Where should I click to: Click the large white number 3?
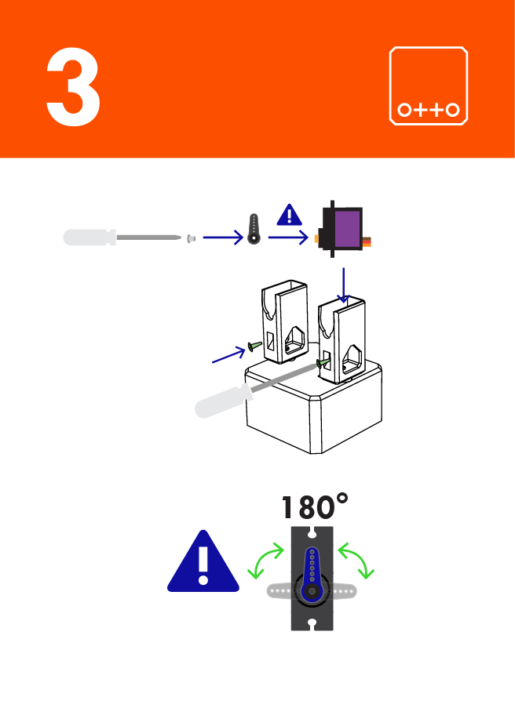(x=73, y=87)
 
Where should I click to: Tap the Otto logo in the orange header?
(x=429, y=85)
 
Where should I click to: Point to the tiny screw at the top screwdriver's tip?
(x=190, y=237)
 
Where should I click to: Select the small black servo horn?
(x=254, y=229)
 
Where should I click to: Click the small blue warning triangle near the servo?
(x=290, y=214)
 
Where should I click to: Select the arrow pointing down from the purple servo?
(x=344, y=285)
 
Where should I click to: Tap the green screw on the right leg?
(x=322, y=362)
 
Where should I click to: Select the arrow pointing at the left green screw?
(x=228, y=354)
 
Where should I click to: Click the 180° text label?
(x=314, y=507)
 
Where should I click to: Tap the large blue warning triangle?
(x=203, y=561)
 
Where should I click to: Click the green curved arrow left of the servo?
(x=265, y=563)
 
